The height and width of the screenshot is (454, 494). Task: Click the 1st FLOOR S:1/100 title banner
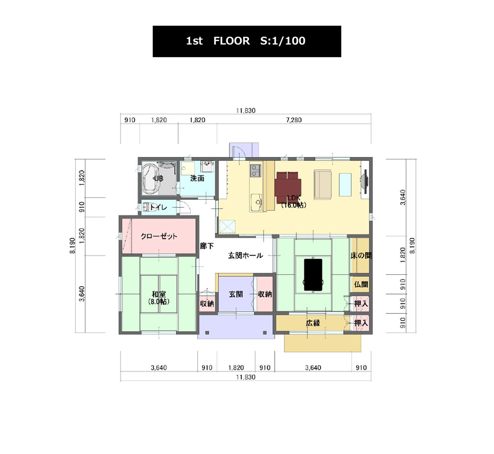coord(247,41)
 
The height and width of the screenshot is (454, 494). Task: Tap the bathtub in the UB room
coord(152,178)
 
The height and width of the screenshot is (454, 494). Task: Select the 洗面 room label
coord(197,179)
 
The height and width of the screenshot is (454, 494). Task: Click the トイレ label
coord(158,207)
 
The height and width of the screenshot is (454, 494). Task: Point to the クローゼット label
coord(159,236)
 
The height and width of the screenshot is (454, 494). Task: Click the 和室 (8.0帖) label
coord(159,298)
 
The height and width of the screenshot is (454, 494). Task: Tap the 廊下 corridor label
coord(207,246)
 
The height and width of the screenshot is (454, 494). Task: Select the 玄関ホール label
coord(246,256)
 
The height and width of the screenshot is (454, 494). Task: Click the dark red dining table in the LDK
coord(288,188)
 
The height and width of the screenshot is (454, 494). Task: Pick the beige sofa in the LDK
coord(323,185)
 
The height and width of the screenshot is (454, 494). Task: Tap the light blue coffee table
coord(345,185)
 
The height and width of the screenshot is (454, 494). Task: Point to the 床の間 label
coord(361,256)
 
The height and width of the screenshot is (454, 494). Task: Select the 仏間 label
coord(361,284)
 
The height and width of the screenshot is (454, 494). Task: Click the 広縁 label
coord(313,323)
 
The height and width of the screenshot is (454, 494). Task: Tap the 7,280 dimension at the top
coord(294,120)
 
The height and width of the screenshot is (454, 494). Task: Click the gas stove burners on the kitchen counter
coord(255,171)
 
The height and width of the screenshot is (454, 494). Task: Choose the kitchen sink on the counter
coord(256,201)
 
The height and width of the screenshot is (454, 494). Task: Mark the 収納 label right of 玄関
coord(265,294)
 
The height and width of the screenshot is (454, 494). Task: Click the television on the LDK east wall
coord(364,182)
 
